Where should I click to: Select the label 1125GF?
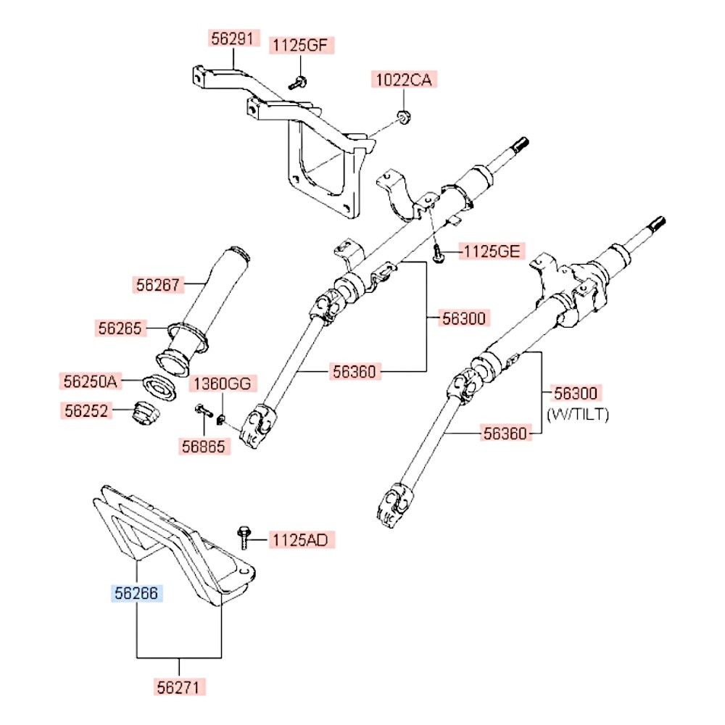pos(299,46)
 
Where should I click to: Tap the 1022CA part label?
pos(402,80)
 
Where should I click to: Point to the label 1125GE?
pos(492,252)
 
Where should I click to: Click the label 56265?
pos(120,328)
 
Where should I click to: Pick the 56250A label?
pos(89,380)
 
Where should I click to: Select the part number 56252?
pos(85,411)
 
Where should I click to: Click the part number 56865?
pos(205,447)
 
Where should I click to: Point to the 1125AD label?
pos(299,540)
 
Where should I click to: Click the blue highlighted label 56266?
pos(136,594)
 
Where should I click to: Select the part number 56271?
pos(180,686)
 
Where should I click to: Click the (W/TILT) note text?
pos(578,415)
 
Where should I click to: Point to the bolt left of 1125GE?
pos(439,253)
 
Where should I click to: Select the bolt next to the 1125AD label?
pos(244,537)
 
